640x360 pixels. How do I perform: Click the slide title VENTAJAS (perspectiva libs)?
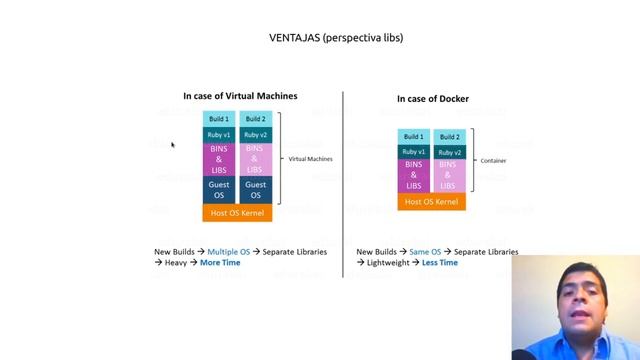coord(336,38)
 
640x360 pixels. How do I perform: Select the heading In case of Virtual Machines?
coord(240,96)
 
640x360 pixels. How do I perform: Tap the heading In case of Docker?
coord(432,98)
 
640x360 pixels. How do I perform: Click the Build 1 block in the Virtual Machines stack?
coord(219,119)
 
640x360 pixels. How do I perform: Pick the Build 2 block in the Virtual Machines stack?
coord(255,119)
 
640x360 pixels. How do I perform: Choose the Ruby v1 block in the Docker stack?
coord(414,152)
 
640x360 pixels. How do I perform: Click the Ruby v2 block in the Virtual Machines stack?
coord(255,135)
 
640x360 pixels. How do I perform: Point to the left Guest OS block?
coord(219,189)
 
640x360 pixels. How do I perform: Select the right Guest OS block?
coord(255,189)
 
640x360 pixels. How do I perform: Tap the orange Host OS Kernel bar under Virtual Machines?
coord(238,213)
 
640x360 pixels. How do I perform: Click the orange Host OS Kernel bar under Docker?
coord(432,202)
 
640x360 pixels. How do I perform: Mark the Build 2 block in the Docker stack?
coord(450,137)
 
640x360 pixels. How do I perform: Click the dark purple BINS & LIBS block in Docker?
coord(414,176)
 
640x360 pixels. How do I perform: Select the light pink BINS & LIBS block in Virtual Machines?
coord(255,159)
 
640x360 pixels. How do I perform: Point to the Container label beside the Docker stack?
coord(493,160)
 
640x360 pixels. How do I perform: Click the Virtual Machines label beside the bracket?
coord(310,159)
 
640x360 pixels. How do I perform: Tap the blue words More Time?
coord(220,263)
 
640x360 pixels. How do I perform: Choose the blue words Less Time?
coord(440,263)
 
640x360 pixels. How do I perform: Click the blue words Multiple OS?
coord(228,252)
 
